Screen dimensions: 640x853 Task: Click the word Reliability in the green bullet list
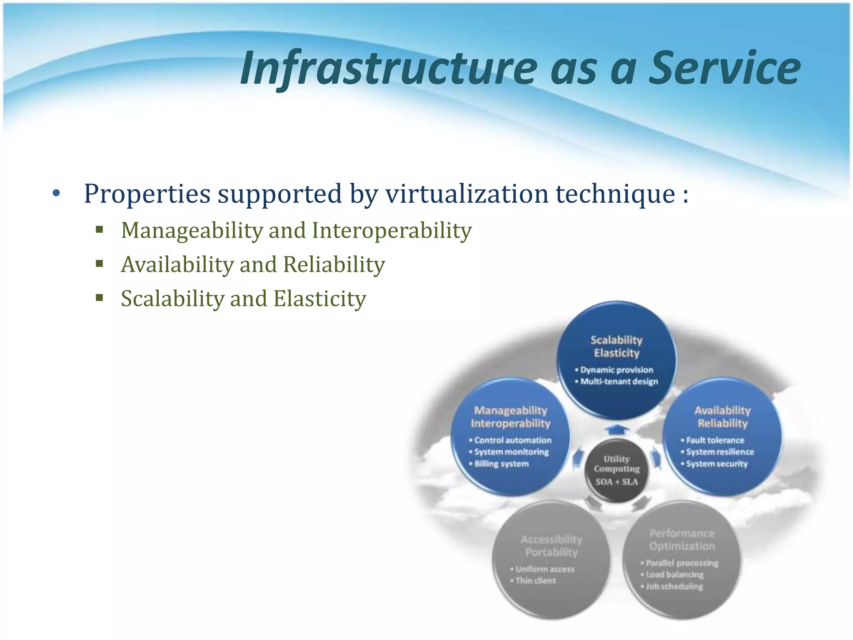334,265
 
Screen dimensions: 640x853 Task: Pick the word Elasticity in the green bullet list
319,299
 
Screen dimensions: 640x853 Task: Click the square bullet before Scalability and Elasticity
99,298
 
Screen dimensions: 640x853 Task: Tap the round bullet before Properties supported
57,194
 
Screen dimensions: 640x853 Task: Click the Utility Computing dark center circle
616,470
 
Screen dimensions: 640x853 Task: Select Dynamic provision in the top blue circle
616,370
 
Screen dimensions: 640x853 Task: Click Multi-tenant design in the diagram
619,382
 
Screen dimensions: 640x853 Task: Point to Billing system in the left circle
501,464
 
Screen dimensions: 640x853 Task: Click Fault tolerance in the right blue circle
715,440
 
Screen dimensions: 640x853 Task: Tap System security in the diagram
716,464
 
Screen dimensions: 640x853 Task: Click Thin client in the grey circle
536,581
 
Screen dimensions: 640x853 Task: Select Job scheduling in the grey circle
674,586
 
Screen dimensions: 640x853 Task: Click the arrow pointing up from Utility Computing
617,429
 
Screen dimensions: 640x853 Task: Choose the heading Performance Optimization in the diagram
682,540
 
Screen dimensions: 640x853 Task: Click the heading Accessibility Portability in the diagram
551,546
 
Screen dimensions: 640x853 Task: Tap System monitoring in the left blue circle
511,452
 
